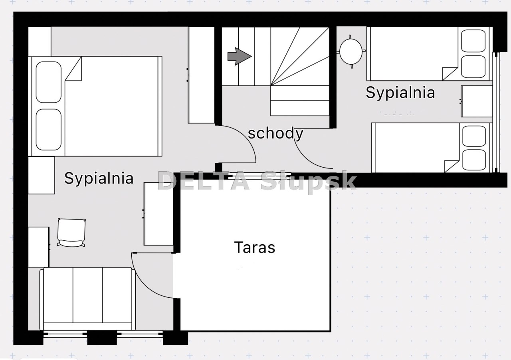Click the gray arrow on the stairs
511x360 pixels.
[240, 56]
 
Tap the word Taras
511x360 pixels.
[255, 247]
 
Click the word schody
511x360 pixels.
[275, 133]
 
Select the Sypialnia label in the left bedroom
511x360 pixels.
[99, 178]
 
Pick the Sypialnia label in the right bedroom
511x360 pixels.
[400, 93]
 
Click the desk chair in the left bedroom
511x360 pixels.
[71, 232]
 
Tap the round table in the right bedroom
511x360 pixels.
[351, 51]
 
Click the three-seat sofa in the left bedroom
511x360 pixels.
[87, 299]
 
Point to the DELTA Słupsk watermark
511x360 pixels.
[257, 181]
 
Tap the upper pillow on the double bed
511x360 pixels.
[49, 82]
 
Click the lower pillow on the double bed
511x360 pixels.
[49, 130]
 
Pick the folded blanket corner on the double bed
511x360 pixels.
[73, 69]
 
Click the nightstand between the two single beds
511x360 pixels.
[477, 101]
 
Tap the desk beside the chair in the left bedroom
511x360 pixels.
[39, 247]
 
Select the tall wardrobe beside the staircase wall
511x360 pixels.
[202, 75]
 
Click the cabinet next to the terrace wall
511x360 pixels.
[158, 214]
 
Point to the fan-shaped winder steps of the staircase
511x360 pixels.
[300, 56]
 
